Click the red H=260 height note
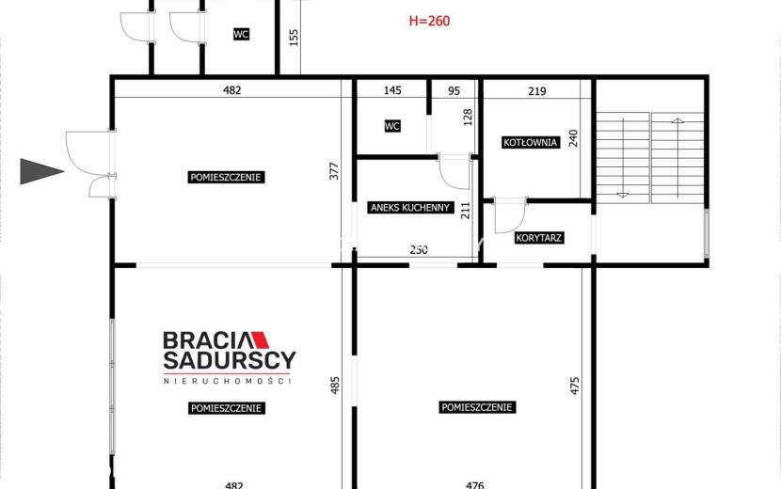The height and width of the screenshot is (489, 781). coord(429,21)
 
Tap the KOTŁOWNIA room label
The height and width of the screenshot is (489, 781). coord(530,142)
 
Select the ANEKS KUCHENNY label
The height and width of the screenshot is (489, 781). coord(410,208)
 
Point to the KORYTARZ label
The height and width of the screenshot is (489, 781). coord(538,238)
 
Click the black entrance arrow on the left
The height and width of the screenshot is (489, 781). coord(41,171)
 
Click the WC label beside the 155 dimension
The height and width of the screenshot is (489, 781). coord(241,34)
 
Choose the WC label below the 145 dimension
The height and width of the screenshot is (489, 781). coord(392,127)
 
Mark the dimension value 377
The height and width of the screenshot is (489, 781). coord(334,171)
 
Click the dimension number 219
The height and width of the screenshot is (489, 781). coord(537,91)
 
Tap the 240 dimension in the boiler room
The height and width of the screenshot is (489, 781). coord(573,138)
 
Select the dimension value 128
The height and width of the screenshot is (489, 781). coord(468,117)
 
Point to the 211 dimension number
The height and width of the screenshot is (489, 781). coord(465,211)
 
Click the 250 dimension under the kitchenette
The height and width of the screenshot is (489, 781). coord(419,249)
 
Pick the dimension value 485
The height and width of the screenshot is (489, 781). coord(335,386)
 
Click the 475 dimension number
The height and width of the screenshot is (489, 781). coord(575,386)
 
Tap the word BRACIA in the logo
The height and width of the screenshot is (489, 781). coord(206,340)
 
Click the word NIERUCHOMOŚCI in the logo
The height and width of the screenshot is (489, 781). coord(228,381)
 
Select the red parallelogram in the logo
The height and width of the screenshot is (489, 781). coord(260,340)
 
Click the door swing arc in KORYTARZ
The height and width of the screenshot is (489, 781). coord(517,223)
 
